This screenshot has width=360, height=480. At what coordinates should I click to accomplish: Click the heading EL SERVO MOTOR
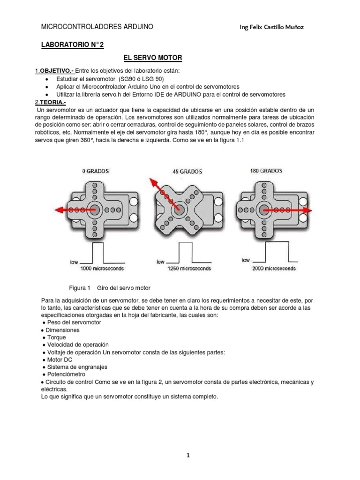(152, 58)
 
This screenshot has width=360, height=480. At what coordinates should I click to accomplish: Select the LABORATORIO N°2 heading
(73, 45)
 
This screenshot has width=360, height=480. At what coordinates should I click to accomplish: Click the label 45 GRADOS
(187, 172)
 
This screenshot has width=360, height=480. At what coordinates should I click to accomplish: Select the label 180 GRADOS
(269, 171)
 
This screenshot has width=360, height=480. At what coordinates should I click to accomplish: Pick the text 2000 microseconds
(274, 269)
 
